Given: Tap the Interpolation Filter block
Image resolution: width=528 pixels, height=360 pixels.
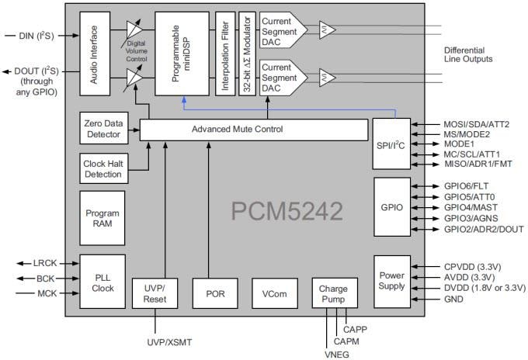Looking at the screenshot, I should pyautogui.click(x=225, y=53).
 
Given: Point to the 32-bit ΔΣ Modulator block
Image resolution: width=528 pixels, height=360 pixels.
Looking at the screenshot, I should pyautogui.click(x=246, y=53).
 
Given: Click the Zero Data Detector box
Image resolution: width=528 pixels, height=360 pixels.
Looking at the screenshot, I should pyautogui.click(x=102, y=129).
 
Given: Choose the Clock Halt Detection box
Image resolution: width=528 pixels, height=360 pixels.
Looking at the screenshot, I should pyautogui.click(x=102, y=168).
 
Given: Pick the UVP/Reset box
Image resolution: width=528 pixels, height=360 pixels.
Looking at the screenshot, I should pyautogui.click(x=155, y=293).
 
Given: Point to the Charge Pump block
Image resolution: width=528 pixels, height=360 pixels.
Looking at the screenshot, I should pyautogui.click(x=335, y=293).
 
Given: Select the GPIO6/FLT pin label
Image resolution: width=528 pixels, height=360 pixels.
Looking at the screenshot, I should pyautogui.click(x=466, y=187).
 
